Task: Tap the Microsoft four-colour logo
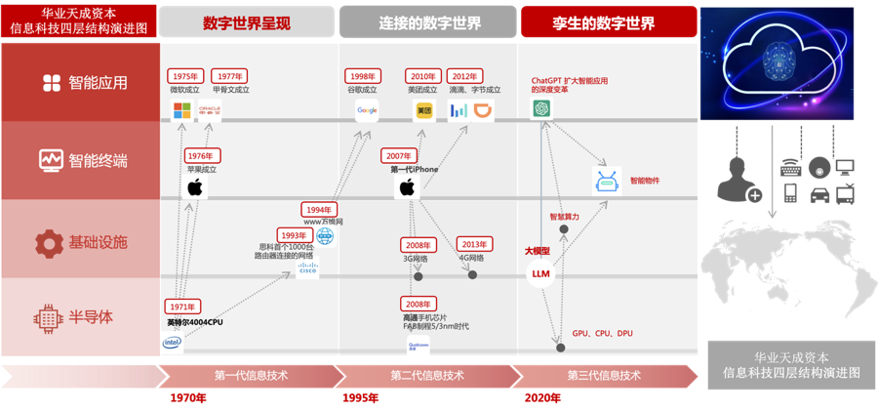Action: click(182, 110)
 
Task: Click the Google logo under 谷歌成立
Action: click(367, 110)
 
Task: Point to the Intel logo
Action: click(172, 343)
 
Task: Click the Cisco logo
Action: click(307, 270)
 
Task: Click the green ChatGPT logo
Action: click(542, 110)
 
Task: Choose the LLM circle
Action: click(540, 274)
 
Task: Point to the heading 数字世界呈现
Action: click(247, 22)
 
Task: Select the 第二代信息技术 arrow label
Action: click(427, 375)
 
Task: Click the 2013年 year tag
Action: click(474, 244)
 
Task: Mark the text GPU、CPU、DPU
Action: click(602, 334)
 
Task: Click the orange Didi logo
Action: click(484, 110)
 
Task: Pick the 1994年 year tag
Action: click(319, 209)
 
